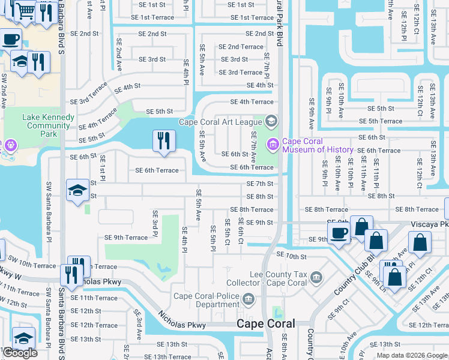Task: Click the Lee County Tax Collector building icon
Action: point(316,277)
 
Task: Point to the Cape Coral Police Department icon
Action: point(248,299)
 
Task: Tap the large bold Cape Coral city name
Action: point(265,323)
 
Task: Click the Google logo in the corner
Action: point(19,353)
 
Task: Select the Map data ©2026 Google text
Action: point(412,355)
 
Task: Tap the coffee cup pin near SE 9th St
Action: point(339,233)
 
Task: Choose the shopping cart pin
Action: point(25,10)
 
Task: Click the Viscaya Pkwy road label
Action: point(429,223)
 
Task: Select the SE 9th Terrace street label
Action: point(125,238)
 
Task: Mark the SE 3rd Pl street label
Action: point(155,224)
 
